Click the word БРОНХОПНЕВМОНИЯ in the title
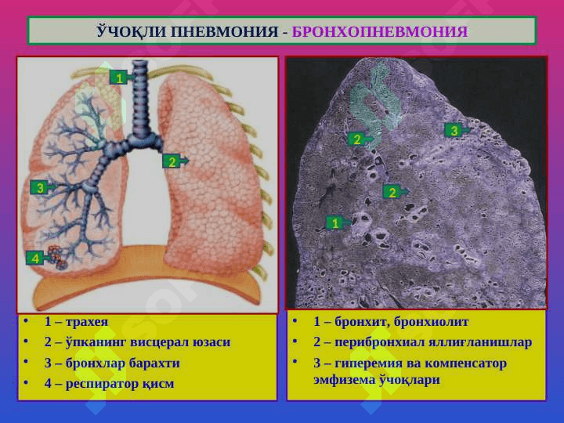(379, 31)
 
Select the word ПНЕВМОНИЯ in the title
(224, 31)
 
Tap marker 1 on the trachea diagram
(120, 78)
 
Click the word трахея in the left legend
(87, 322)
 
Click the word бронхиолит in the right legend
(432, 322)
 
